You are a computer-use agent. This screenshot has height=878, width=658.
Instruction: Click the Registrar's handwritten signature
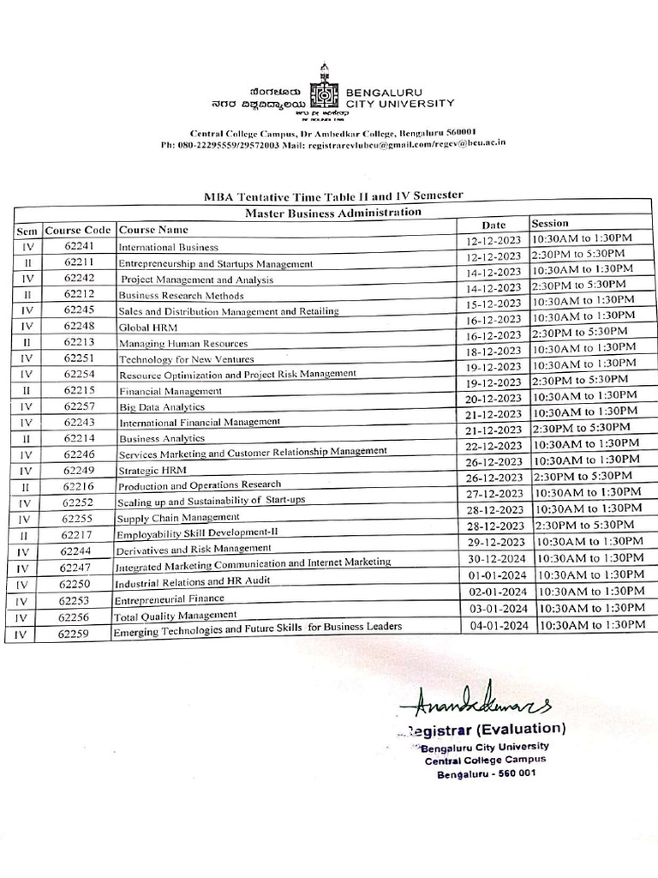pos(474,704)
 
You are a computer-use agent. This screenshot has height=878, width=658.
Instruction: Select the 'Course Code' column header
pos(78,230)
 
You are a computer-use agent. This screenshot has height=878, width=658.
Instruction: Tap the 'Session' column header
pos(550,223)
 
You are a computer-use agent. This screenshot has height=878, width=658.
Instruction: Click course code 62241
pos(78,245)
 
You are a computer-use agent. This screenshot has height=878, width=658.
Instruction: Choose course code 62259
pos(78,634)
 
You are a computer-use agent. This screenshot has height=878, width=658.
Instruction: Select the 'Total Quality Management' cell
pos(176,615)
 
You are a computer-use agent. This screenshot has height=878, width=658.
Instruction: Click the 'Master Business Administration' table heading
pos(333,211)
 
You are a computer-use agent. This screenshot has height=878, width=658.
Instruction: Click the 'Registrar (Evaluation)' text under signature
pos(480,729)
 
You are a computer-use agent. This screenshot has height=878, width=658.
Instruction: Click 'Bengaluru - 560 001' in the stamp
pos(487,774)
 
